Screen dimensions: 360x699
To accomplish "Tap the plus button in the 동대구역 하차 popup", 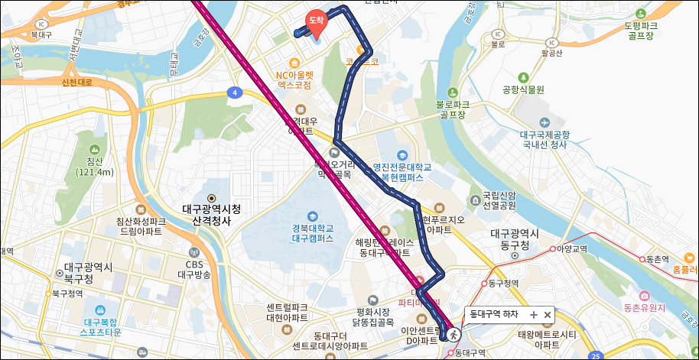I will (534, 314).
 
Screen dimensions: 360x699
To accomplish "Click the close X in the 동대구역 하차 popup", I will (548, 314).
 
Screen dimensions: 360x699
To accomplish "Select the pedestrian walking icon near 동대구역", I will (454, 334).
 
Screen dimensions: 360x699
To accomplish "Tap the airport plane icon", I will (544, 122).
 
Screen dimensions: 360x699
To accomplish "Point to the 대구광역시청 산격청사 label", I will (211, 213).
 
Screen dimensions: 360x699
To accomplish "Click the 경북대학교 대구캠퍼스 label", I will (312, 232).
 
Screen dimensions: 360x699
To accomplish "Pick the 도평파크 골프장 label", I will (640, 30).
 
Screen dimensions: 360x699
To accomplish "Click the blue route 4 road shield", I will (232, 93).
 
